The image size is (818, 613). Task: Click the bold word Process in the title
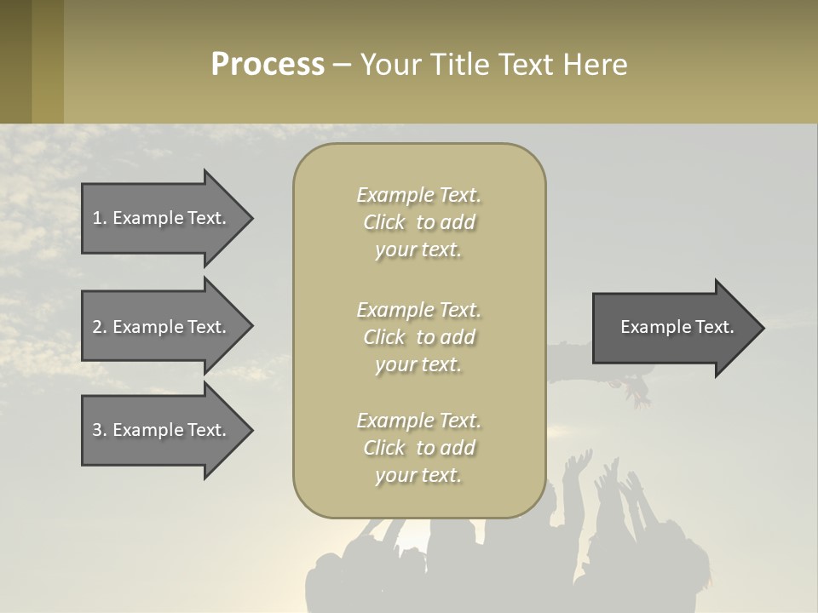[268, 65]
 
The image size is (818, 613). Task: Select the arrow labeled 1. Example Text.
[162, 218]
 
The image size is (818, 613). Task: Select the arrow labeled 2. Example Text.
[162, 327]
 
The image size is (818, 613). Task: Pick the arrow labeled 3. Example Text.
[162, 430]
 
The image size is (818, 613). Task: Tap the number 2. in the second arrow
[99, 327]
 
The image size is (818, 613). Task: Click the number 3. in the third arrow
[99, 430]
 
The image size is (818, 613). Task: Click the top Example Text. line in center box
[418, 195]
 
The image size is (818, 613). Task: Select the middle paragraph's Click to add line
[418, 337]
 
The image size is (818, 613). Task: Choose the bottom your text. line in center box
[418, 475]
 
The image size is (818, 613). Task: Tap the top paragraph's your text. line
[418, 249]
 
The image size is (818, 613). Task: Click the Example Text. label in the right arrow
[677, 327]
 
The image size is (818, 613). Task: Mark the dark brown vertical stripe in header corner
[15, 61]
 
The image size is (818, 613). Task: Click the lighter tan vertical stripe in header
[48, 61]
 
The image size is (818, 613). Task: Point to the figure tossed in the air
[596, 366]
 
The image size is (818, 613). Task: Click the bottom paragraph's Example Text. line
[418, 421]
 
